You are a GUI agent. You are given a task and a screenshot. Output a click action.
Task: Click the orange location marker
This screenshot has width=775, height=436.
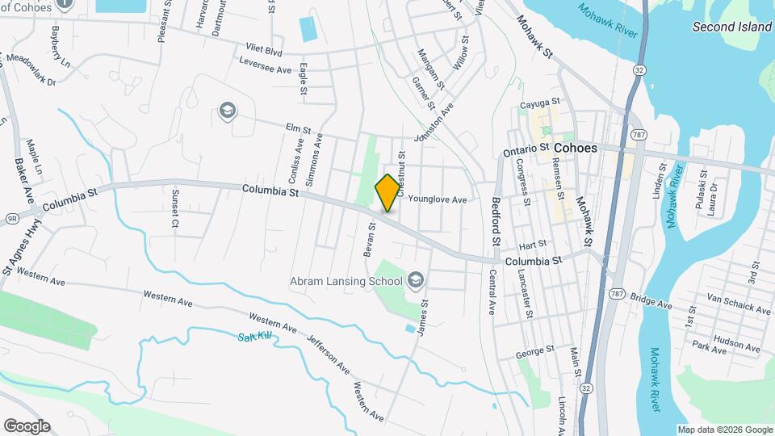387,192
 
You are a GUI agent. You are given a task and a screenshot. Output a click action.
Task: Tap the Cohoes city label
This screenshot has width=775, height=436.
576,149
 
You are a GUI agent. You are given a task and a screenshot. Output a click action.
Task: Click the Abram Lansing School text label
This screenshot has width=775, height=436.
346,281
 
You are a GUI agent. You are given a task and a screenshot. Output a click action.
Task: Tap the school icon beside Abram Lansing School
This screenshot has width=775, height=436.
416,280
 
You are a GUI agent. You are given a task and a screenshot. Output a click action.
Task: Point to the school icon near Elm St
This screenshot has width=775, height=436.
227,110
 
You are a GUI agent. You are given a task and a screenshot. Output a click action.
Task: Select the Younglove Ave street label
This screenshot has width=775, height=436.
438,199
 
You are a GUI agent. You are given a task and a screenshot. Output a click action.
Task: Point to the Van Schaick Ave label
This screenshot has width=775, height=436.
738,306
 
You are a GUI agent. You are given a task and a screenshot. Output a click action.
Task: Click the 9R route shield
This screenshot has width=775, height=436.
12,217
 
